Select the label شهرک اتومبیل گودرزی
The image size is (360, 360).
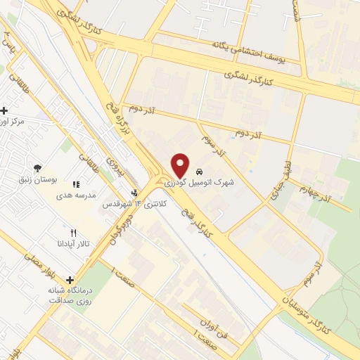click(x=200, y=181)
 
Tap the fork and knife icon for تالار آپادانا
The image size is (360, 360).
click(x=72, y=232)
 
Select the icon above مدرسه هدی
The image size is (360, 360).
click(x=76, y=184)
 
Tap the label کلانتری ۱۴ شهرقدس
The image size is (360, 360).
click(x=133, y=204)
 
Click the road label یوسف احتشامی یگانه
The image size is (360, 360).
click(x=250, y=48)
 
